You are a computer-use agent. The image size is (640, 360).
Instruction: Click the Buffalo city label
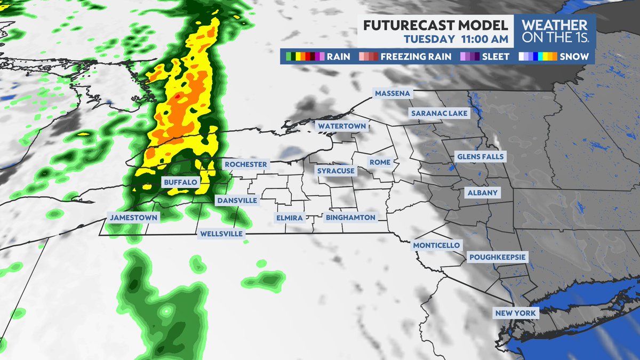[x=181, y=182]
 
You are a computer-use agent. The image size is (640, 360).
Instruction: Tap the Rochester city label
[x=245, y=164]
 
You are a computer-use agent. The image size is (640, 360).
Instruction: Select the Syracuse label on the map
[x=336, y=171]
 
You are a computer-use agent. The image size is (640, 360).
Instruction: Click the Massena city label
[x=393, y=93]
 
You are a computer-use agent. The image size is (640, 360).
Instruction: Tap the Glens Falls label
[x=481, y=156]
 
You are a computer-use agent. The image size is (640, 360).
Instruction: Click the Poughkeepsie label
[x=498, y=257]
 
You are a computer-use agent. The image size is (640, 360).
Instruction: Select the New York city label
[x=516, y=313]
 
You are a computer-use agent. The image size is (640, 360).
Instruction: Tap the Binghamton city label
[x=350, y=218]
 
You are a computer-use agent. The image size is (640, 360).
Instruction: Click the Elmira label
[x=290, y=218]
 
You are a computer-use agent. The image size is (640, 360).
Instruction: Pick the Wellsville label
[x=221, y=234]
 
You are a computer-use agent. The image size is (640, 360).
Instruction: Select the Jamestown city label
[x=133, y=218]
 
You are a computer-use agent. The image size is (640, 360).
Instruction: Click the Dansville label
[x=237, y=200]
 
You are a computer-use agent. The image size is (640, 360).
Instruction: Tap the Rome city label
[x=380, y=162]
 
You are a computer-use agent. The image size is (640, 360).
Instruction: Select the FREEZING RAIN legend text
[x=415, y=56]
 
